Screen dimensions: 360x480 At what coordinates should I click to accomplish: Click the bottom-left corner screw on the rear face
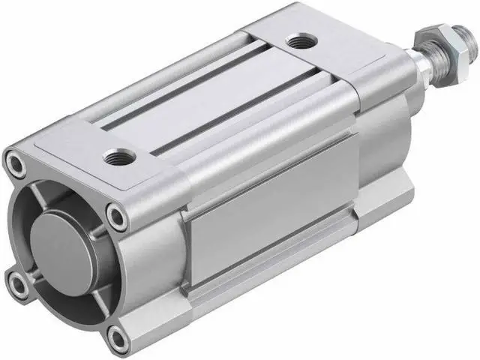(19, 281)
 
